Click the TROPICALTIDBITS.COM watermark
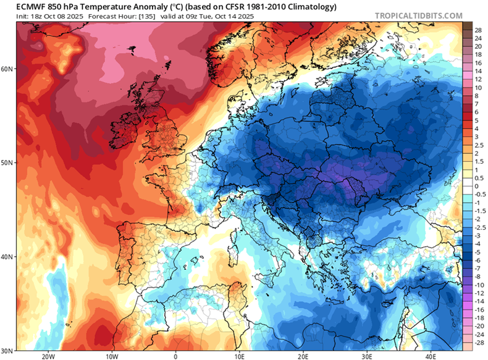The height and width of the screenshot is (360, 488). click(419, 15)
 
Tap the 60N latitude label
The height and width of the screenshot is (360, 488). click(8, 69)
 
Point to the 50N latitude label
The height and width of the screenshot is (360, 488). click(8, 162)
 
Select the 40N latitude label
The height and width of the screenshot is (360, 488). click(8, 256)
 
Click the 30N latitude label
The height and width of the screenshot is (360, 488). click(8, 350)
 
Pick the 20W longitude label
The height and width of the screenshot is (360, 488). click(47, 356)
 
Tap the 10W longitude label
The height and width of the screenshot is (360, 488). click(111, 356)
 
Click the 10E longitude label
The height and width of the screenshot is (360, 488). click(239, 356)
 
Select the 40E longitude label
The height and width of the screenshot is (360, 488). click(431, 356)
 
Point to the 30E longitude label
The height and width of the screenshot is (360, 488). click(367, 356)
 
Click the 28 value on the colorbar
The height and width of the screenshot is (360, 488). click(477, 30)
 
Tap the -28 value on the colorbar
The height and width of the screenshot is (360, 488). click(477, 341)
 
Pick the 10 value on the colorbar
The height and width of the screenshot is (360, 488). click(477, 88)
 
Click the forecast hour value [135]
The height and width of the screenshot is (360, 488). click(130, 15)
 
